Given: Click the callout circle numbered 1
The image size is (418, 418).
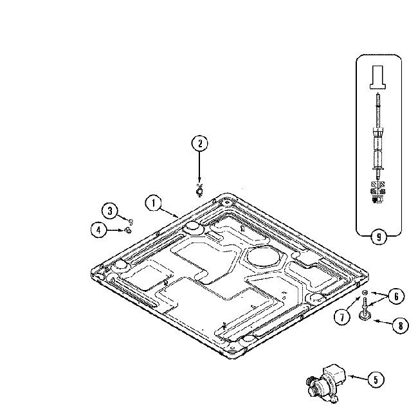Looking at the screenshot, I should [x=152, y=203].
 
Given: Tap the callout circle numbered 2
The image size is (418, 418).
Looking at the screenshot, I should [x=199, y=144].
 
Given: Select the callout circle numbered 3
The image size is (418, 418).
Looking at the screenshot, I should [x=110, y=211].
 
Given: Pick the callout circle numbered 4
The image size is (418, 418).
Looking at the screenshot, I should [x=98, y=230].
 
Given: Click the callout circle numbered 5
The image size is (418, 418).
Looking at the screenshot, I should [x=375, y=379].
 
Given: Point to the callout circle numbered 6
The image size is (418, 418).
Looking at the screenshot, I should [x=396, y=296].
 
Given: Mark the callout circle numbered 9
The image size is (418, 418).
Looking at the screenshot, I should [x=378, y=237].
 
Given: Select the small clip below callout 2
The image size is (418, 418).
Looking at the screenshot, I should [x=199, y=188].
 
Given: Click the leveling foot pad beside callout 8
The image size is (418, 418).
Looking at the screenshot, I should [x=366, y=315].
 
